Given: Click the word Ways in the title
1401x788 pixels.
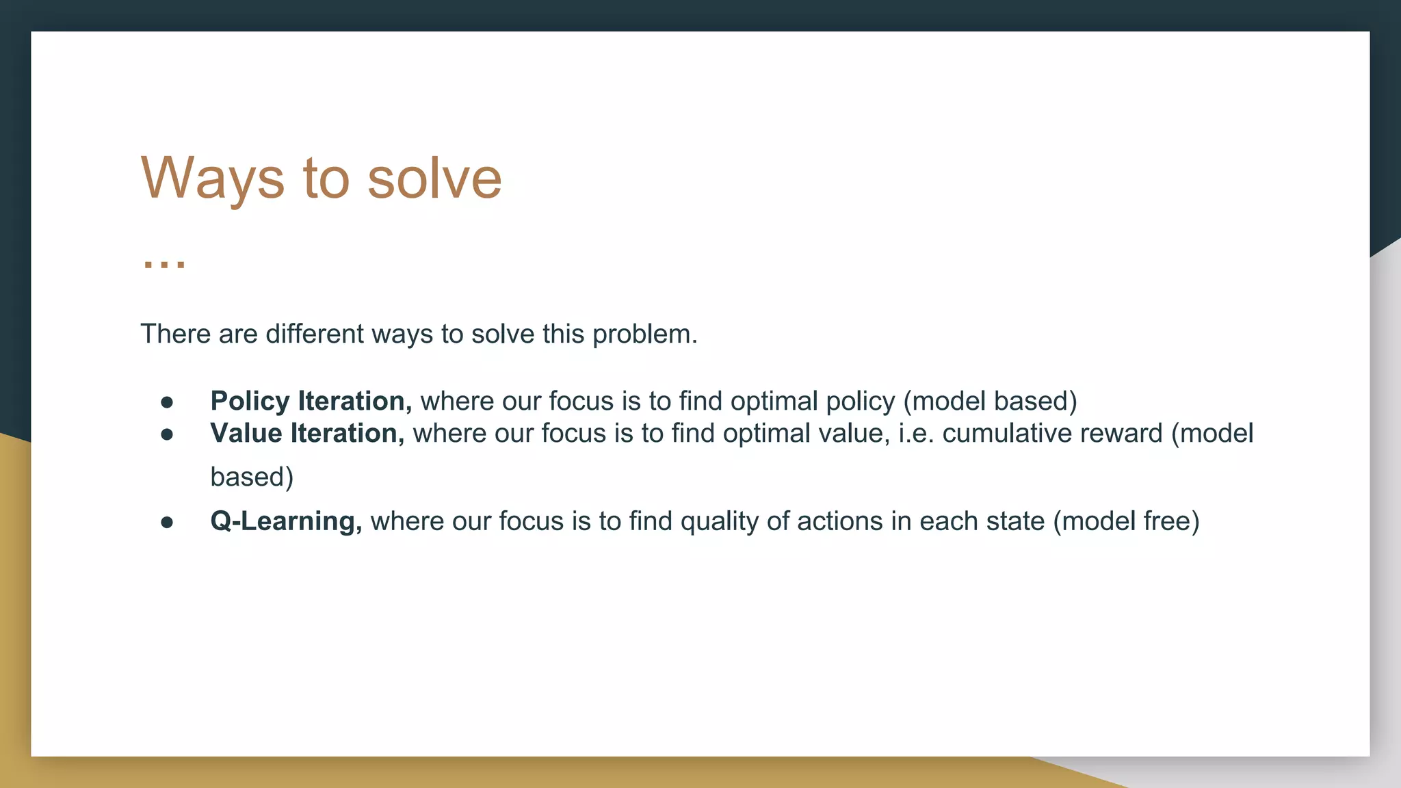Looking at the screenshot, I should pyautogui.click(x=212, y=179).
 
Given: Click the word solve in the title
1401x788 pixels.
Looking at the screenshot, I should pyautogui.click(x=434, y=179).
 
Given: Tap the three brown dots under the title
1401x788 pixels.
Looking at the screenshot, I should pyautogui.click(x=164, y=263).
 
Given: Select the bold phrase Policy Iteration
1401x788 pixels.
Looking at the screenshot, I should pyautogui.click(x=311, y=401).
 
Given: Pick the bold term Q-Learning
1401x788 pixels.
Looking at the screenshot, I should pyautogui.click(x=285, y=521).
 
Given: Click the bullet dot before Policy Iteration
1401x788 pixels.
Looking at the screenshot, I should pyautogui.click(x=167, y=402).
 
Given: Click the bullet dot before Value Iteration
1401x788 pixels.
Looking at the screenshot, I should pyautogui.click(x=167, y=434).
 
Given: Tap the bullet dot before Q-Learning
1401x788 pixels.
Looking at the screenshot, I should pyautogui.click(x=167, y=523).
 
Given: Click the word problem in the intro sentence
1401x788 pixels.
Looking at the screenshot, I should pyautogui.click(x=644, y=334).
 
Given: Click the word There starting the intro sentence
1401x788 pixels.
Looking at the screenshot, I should pyautogui.click(x=176, y=334).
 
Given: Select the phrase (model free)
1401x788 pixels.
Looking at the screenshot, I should pyautogui.click(x=1126, y=522).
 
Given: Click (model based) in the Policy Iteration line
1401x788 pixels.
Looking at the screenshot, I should pyautogui.click(x=990, y=402).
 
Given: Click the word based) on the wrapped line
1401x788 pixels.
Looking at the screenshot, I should pyautogui.click(x=252, y=477).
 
